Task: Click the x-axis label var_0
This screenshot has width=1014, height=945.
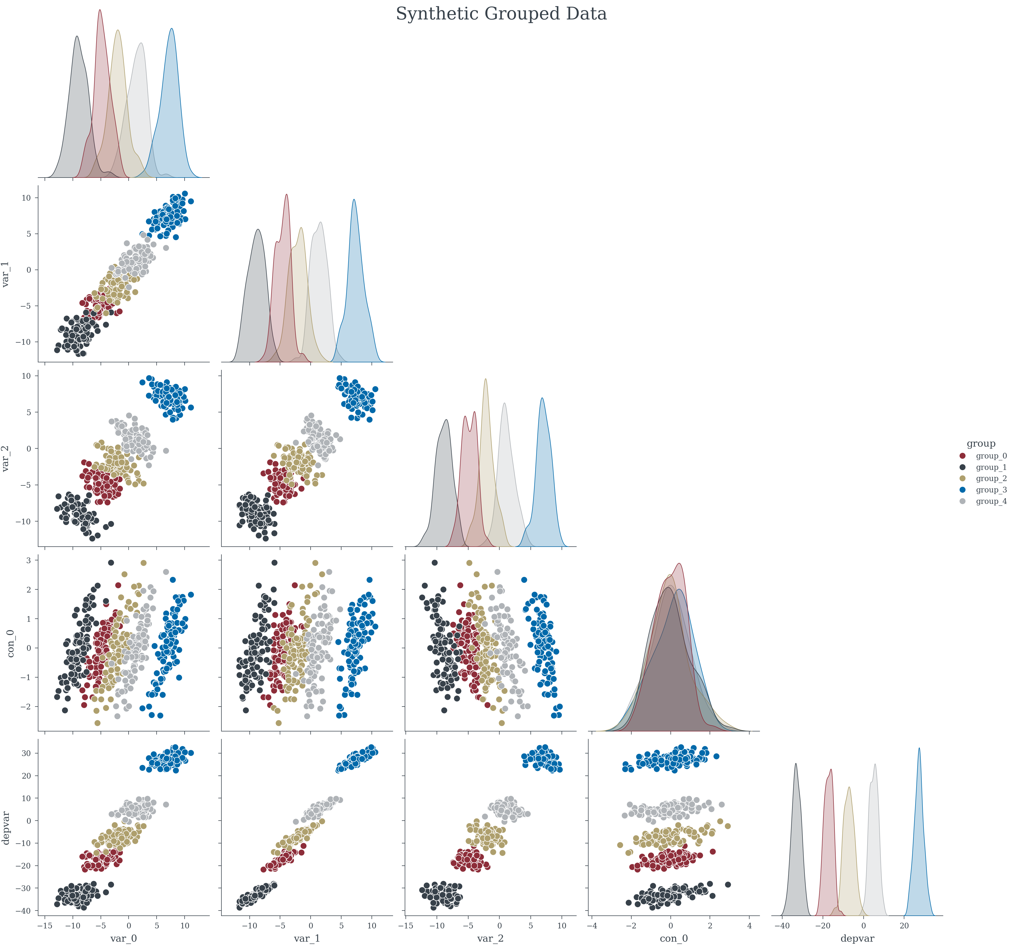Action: (x=123, y=938)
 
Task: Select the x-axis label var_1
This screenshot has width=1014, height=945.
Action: (x=307, y=938)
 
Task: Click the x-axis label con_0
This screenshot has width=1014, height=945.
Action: (x=674, y=938)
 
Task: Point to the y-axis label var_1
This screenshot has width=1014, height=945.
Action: (x=6, y=274)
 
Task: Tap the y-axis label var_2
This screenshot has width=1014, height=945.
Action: (x=6, y=458)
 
